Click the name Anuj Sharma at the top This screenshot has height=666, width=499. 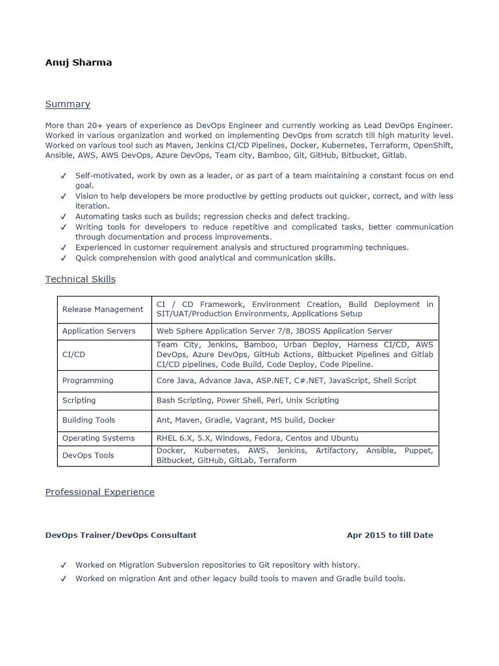click(78, 63)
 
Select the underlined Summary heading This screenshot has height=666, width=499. click(68, 104)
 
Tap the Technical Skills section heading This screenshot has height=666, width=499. click(80, 279)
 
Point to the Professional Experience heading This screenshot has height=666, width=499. click(99, 492)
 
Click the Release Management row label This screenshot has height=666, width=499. click(103, 309)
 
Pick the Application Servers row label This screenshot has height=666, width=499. click(99, 331)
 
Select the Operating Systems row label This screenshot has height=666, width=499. click(98, 438)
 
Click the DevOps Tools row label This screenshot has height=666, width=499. click(88, 455)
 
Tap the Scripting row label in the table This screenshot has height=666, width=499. click(79, 400)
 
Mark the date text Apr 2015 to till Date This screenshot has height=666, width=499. click(390, 535)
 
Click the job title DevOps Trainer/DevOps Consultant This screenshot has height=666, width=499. click(120, 535)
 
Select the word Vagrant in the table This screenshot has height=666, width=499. click(269, 420)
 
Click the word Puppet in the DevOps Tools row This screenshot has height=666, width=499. click(418, 450)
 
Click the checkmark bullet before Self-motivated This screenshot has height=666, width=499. click(63, 176)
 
